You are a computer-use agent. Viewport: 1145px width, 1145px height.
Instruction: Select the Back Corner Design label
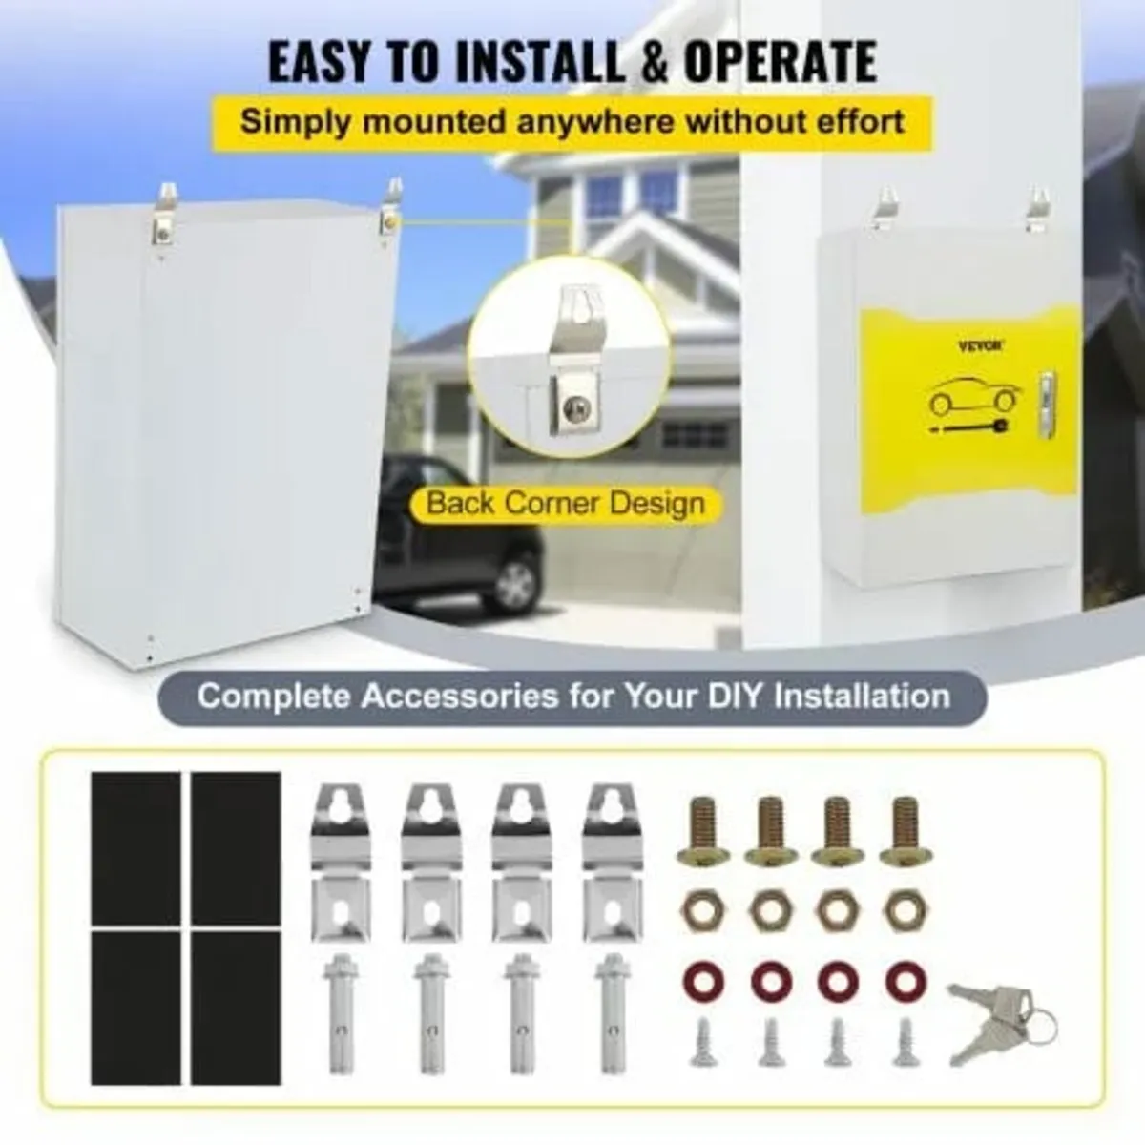566,504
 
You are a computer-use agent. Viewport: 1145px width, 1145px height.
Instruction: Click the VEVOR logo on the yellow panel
980,347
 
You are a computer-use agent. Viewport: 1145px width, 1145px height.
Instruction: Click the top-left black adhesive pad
135,846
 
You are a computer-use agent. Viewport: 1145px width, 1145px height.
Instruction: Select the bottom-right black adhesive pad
236,1007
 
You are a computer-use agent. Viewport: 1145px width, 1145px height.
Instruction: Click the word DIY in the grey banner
734,695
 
